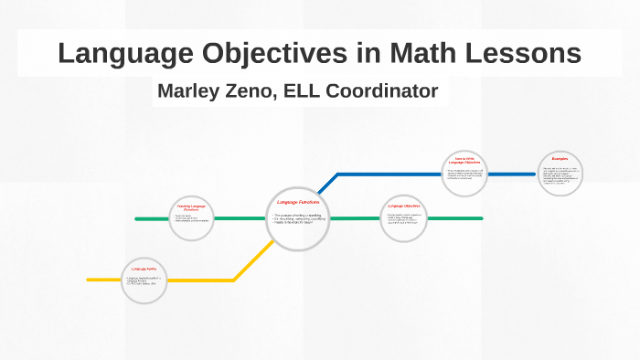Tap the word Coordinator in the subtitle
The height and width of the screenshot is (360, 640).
click(388, 91)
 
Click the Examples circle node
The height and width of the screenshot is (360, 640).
click(560, 174)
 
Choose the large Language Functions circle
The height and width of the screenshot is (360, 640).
click(297, 218)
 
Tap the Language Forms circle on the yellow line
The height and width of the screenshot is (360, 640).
click(145, 280)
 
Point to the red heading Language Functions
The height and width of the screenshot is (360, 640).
click(296, 202)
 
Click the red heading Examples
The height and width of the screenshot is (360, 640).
click(560, 159)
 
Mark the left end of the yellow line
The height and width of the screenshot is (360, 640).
click(90, 280)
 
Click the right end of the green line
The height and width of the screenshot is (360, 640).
click(481, 219)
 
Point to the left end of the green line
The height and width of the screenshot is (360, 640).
click(137, 219)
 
